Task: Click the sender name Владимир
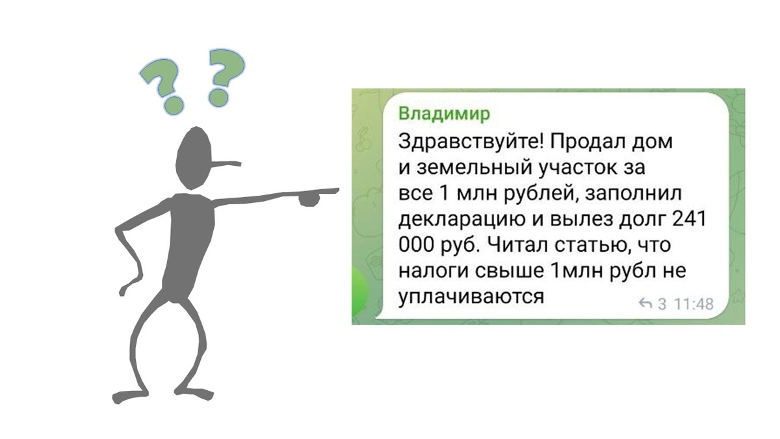[444, 114]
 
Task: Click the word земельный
[468, 168]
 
